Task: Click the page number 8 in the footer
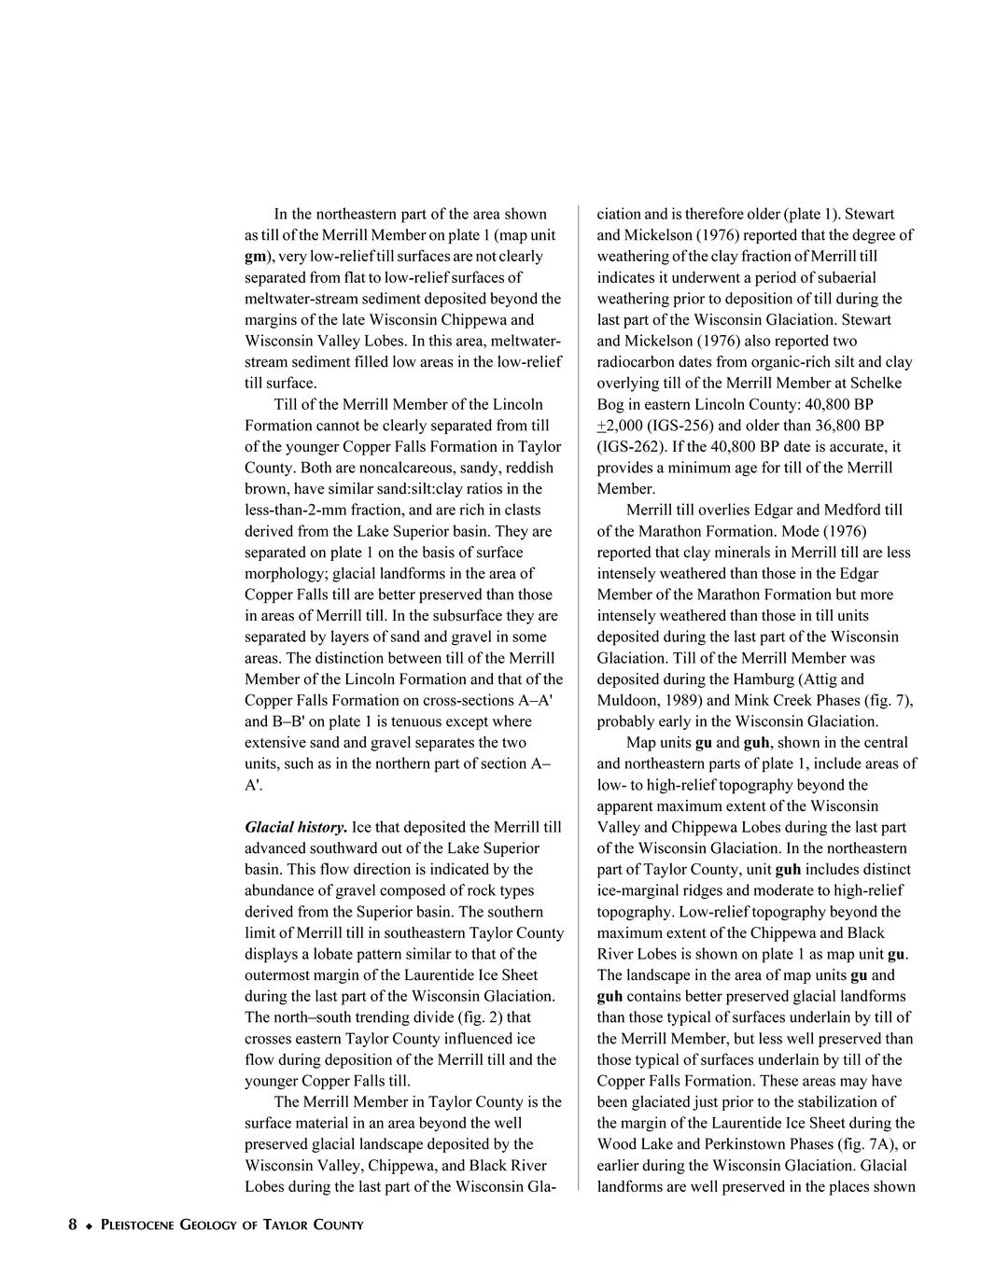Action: [72, 1225]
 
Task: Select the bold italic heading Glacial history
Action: [296, 827]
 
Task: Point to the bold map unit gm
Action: [255, 256]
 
